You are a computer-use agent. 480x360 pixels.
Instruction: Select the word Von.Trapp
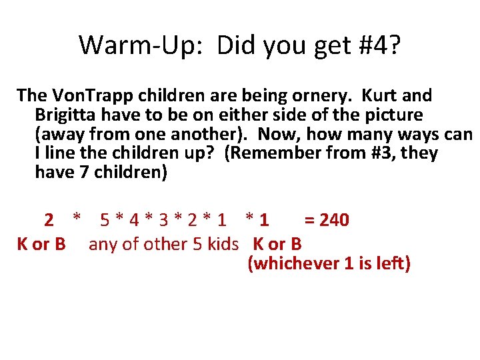91,96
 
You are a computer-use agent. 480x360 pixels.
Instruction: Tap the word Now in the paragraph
275,134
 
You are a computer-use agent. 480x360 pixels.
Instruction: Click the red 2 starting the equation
49,219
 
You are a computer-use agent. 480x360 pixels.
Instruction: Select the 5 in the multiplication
105,219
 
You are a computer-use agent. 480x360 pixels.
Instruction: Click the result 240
335,219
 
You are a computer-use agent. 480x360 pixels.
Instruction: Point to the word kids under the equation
222,244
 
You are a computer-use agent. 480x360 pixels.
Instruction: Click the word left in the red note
386,263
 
